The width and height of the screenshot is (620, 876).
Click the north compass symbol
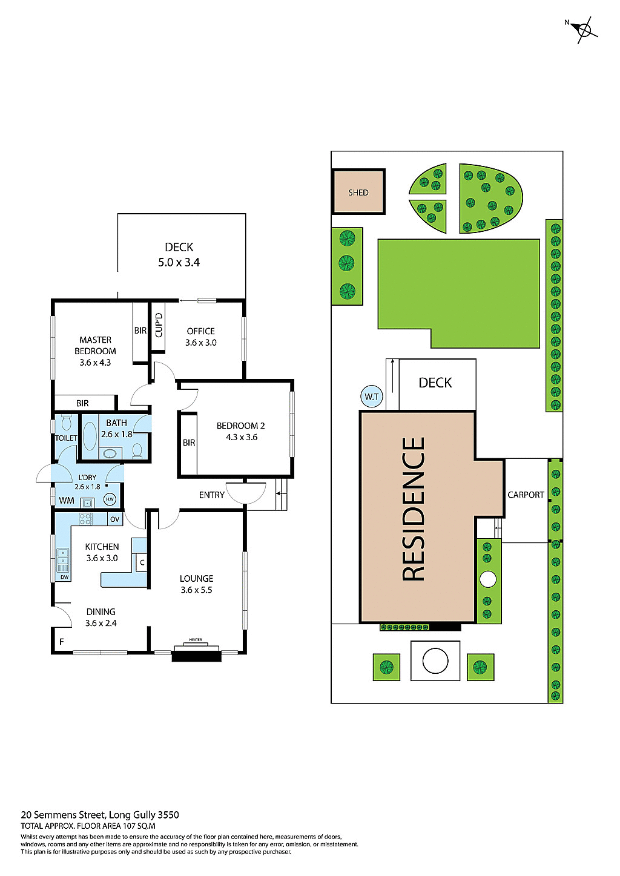click(x=584, y=29)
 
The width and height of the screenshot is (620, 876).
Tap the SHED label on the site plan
click(x=358, y=193)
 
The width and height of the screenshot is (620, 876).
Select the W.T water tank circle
click(x=371, y=397)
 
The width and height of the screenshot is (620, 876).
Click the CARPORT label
click(x=526, y=495)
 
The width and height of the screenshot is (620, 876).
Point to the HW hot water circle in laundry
click(x=110, y=499)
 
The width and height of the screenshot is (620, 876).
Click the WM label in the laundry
click(x=67, y=501)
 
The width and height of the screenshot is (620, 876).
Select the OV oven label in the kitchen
click(x=114, y=519)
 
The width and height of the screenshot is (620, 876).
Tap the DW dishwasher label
click(x=64, y=577)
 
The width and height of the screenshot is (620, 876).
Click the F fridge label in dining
click(x=61, y=642)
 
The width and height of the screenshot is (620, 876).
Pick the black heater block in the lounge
click(x=196, y=654)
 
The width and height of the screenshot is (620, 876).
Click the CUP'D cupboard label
click(x=159, y=325)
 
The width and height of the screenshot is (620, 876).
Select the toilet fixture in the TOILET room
click(x=66, y=422)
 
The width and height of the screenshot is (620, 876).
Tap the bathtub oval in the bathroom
click(x=90, y=435)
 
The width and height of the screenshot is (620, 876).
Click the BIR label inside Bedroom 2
click(x=189, y=443)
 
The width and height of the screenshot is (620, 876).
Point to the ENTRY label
click(x=211, y=495)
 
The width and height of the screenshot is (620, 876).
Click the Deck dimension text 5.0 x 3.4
click(x=179, y=263)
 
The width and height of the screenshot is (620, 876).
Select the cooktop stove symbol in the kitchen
click(x=85, y=519)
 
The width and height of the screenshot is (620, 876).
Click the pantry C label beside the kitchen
click(x=142, y=562)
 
